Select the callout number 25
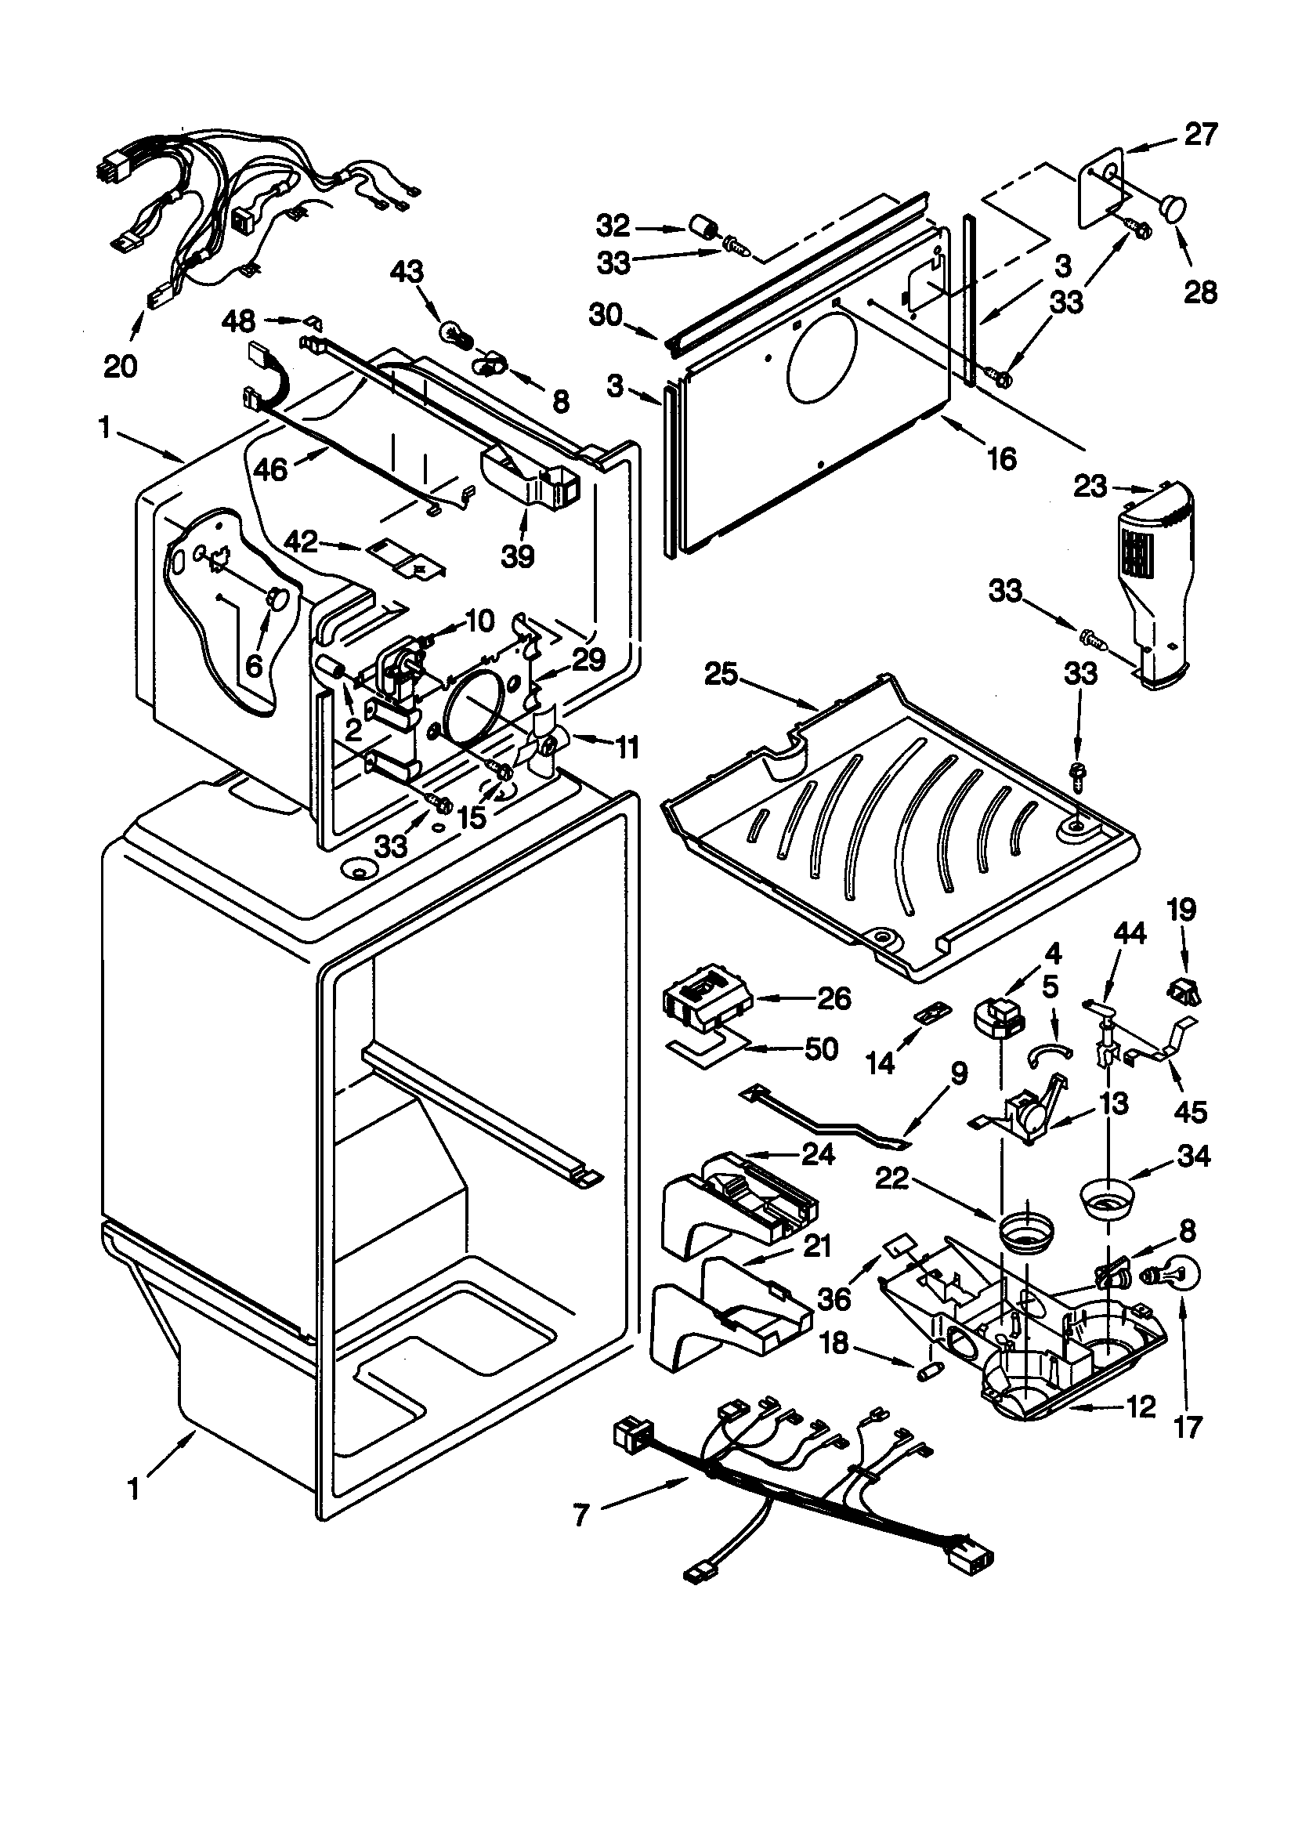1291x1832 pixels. click(x=721, y=675)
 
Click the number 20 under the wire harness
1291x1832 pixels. click(x=121, y=366)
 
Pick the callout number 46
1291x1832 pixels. click(x=270, y=469)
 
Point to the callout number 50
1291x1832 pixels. click(x=822, y=1048)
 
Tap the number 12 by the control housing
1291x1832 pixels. click(x=1142, y=1407)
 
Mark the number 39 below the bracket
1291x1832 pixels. click(x=518, y=556)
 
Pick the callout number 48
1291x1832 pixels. click(x=238, y=320)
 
